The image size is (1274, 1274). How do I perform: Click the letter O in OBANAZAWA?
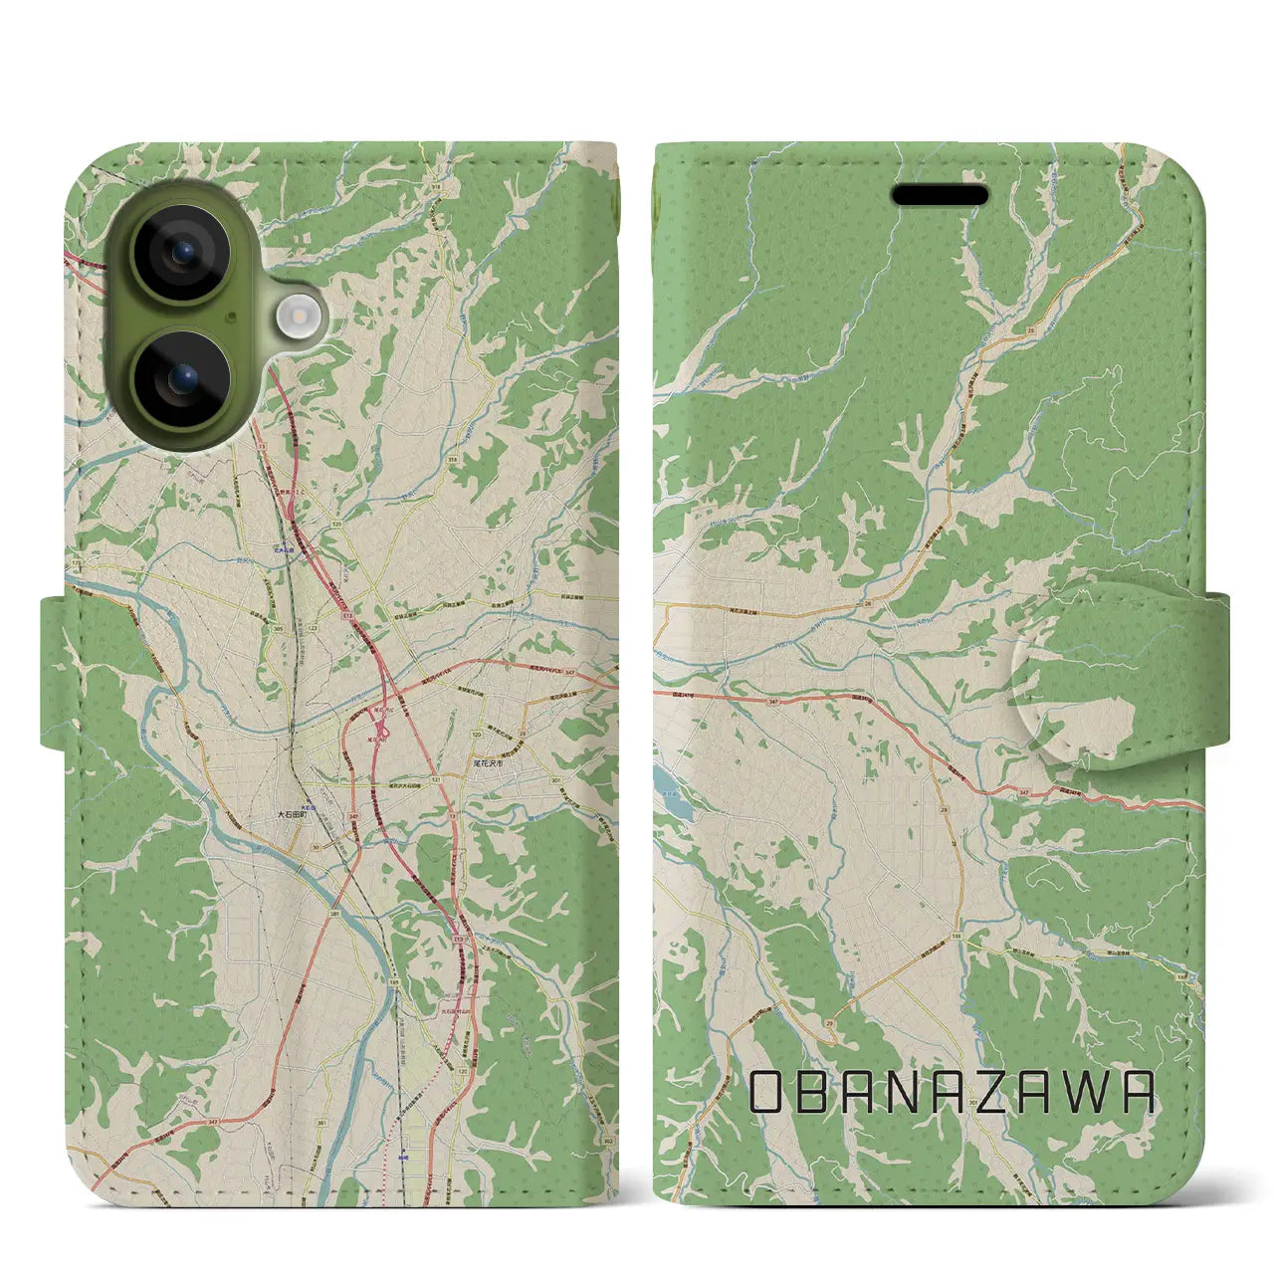pos(768,1092)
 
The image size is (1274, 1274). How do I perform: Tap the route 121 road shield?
pos(435,779)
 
